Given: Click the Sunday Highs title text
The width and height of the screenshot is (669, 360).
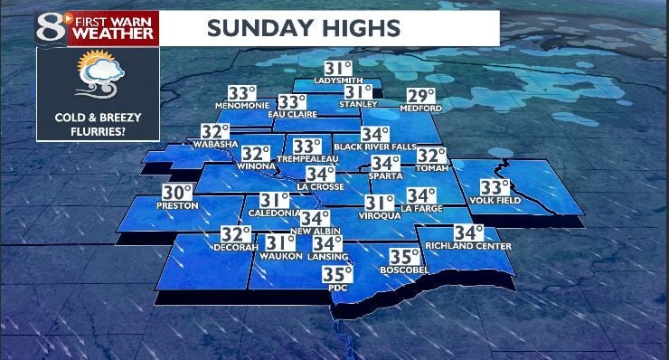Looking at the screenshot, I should tap(303, 27).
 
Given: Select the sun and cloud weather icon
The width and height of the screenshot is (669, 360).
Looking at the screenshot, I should tap(97, 76).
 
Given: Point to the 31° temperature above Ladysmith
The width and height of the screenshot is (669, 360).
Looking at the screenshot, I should tap(337, 69).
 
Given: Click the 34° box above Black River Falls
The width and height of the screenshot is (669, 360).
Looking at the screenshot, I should tap(374, 134).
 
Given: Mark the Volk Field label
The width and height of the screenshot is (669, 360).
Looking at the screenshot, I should tap(495, 200).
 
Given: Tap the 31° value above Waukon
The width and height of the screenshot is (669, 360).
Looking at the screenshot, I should tap(279, 242).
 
